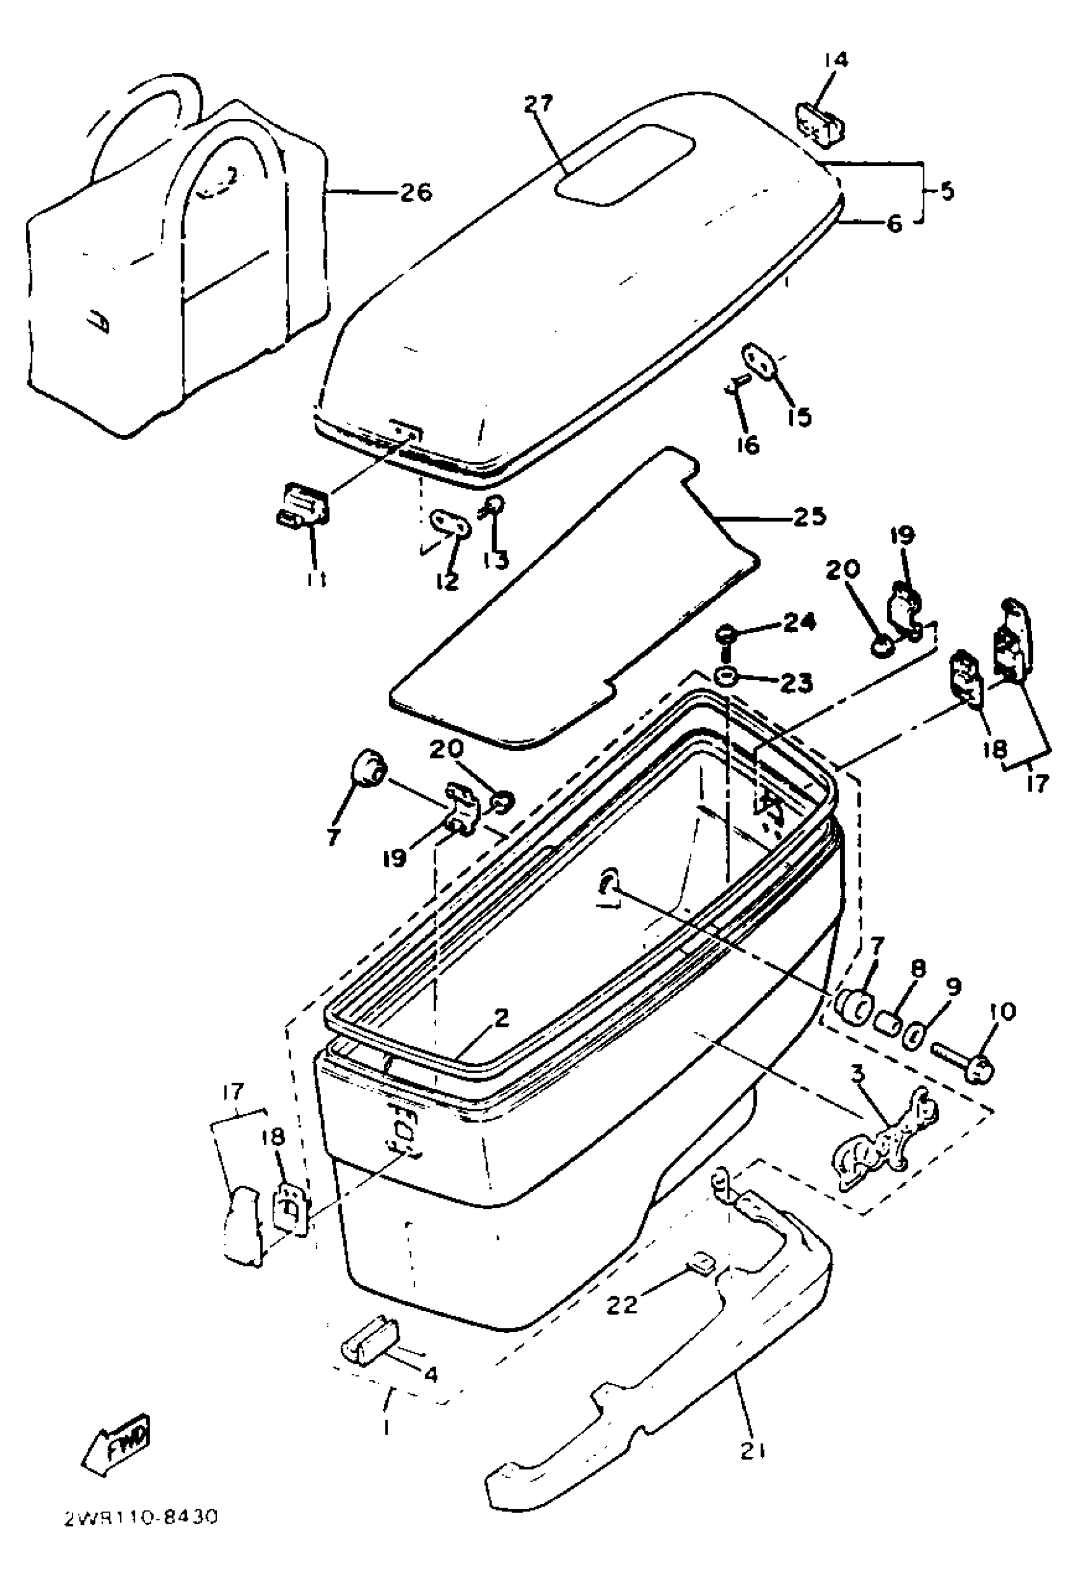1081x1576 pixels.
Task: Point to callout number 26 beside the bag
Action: coord(415,193)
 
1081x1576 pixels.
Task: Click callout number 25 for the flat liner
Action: coord(808,517)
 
